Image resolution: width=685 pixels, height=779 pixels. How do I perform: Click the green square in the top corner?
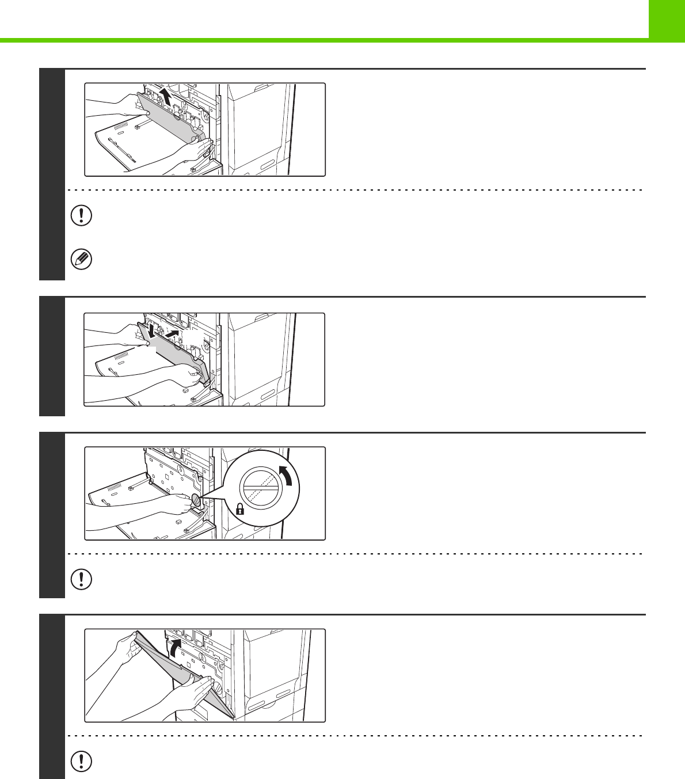[667, 19]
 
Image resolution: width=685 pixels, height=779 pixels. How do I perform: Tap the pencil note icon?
[81, 260]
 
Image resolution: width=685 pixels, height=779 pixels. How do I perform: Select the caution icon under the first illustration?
[81, 215]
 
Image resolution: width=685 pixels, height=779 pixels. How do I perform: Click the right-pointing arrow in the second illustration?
[172, 333]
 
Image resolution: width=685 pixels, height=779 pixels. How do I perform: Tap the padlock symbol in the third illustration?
[240, 509]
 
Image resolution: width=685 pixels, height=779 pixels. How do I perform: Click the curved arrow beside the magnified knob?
[284, 476]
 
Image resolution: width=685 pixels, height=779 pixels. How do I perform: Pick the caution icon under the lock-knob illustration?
[81, 579]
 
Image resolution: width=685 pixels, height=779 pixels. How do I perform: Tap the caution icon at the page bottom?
[81, 761]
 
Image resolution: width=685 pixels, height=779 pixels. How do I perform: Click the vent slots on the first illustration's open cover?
[121, 127]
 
